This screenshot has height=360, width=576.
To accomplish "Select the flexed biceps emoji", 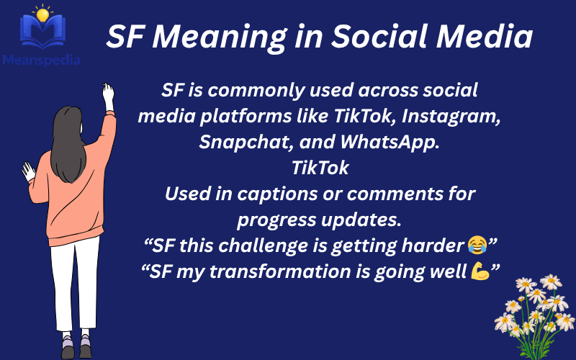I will click(x=479, y=271).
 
